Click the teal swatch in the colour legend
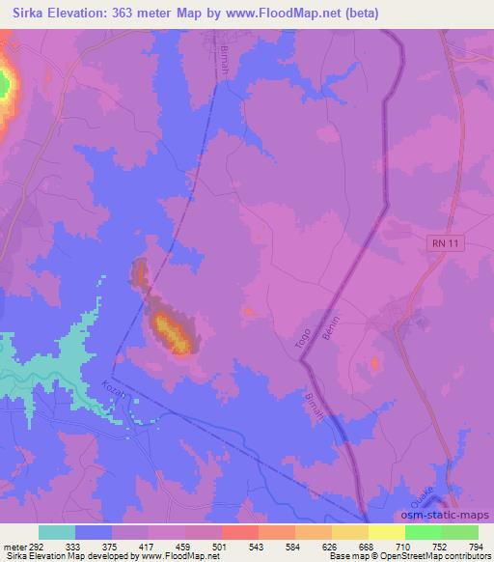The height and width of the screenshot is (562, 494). click(x=57, y=532)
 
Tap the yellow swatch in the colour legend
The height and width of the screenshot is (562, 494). click(x=387, y=532)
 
